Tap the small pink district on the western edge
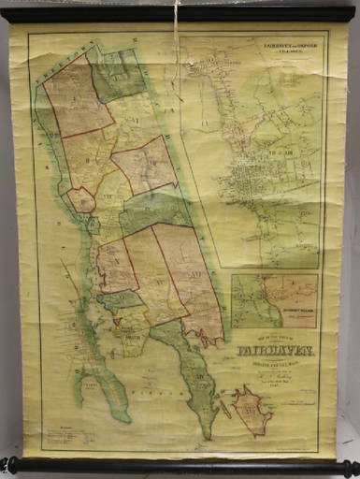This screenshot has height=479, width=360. [x=81, y=199]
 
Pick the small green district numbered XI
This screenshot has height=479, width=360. [x=120, y=300]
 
